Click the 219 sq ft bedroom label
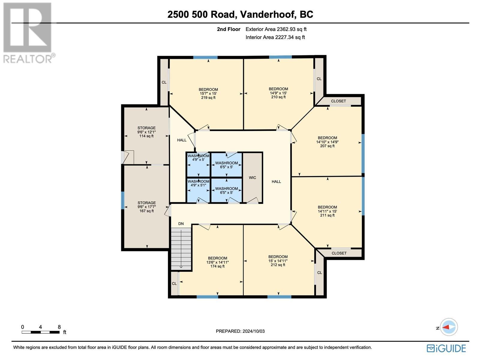pyautogui.click(x=208, y=94)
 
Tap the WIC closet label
pyautogui.click(x=252, y=178)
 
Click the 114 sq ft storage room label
pyautogui.click(x=146, y=132)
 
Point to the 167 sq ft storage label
pyautogui.click(x=146, y=207)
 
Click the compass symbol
pyautogui.click(x=449, y=327)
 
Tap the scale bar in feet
pyautogui.click(x=40, y=332)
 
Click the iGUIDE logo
pyautogui.click(x=446, y=348)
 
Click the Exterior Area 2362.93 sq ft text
pyautogui.click(x=276, y=29)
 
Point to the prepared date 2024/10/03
pyautogui.click(x=240, y=331)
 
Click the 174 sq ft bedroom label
pyautogui.click(x=217, y=262)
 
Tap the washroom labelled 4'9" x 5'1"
pyautogui.click(x=198, y=183)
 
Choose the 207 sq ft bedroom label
pyautogui.click(x=327, y=142)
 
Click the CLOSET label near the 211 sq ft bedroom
pyautogui.click(x=339, y=253)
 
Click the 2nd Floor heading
pyautogui.click(x=229, y=29)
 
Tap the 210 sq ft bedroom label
pyautogui.click(x=278, y=93)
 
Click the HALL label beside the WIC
pyautogui.click(x=276, y=181)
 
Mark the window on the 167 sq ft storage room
pyautogui.click(x=122, y=200)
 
